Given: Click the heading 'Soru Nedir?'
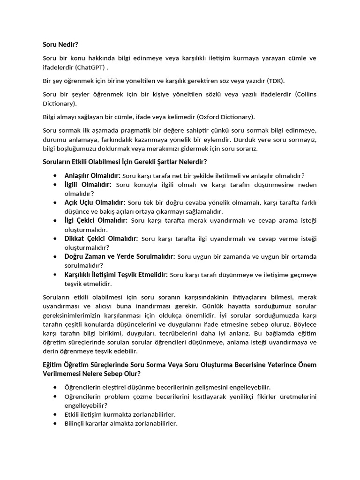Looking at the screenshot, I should tap(60, 45).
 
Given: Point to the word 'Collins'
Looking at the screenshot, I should tap(306, 94).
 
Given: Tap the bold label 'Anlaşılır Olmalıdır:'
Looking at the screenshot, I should tap(92, 176).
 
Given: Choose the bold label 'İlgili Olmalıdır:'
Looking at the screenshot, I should tap(88, 185).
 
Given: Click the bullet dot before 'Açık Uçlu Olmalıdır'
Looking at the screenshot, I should tap(55, 202).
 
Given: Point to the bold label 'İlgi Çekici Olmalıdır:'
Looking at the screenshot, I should tap(96, 220).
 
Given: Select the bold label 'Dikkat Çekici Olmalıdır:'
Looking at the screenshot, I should tap(101, 239).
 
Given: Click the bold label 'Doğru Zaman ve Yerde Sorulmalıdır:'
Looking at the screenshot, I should tap(120, 256).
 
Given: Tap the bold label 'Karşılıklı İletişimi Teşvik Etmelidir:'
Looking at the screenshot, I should tap(116, 275).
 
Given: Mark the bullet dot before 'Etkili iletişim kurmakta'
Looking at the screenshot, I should tap(55, 414).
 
